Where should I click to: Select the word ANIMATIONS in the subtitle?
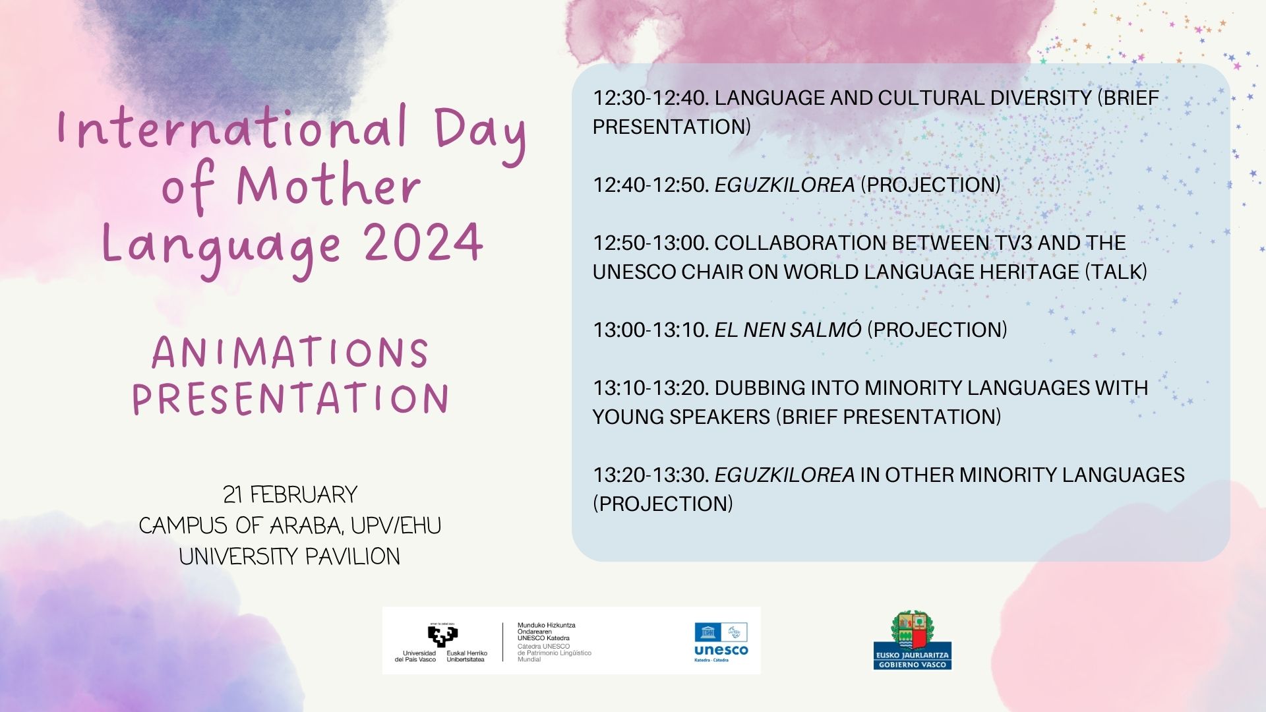pos(290,353)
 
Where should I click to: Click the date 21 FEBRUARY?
pos(290,494)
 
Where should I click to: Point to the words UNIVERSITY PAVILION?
pos(289,556)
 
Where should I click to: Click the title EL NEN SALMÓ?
pos(788,330)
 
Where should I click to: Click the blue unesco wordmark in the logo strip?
pos(721,650)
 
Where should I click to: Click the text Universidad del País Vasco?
pos(415,656)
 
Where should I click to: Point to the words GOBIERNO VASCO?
pos(913,665)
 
